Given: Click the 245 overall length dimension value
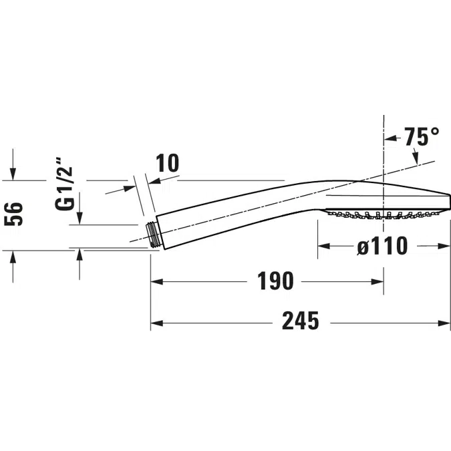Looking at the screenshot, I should point(300,322).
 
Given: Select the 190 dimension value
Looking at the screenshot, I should point(275,281).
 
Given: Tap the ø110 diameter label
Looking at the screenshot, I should point(382,247).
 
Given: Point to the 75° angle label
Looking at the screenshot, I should point(422,138).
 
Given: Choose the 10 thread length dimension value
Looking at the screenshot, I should point(167,164).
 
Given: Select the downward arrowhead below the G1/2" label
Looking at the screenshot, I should point(80,218).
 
